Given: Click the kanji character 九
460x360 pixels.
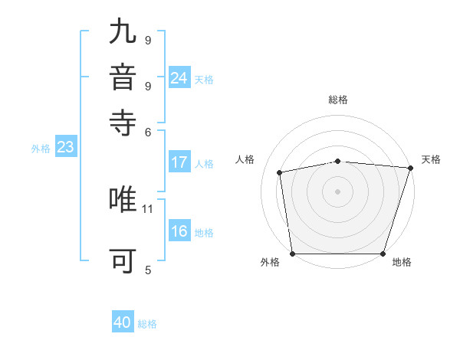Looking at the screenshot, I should (x=123, y=32).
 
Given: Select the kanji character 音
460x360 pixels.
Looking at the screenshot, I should (x=123, y=77).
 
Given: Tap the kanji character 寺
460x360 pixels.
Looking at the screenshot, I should (x=123, y=122).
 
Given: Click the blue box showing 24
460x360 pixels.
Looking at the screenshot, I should (x=179, y=77).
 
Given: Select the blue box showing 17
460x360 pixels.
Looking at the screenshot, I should (x=179, y=162).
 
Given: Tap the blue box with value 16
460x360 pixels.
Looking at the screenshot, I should (x=179, y=232).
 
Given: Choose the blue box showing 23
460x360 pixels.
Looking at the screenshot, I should (x=65, y=148).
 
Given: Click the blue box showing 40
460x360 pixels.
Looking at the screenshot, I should (x=123, y=322).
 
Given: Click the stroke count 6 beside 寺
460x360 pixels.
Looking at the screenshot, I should (x=148, y=131).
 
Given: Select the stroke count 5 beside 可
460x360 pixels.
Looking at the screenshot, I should (x=148, y=270).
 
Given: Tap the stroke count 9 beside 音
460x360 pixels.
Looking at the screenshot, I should (x=148, y=86).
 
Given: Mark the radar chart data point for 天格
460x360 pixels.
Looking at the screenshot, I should (x=411, y=168).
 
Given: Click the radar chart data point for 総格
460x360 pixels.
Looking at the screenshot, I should (x=338, y=161).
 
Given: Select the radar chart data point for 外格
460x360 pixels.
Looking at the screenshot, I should (x=293, y=254).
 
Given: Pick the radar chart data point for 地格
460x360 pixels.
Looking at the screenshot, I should (x=383, y=254).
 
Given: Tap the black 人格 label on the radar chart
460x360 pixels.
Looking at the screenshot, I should (x=245, y=159).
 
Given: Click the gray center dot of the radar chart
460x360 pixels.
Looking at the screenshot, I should (x=338, y=191).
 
